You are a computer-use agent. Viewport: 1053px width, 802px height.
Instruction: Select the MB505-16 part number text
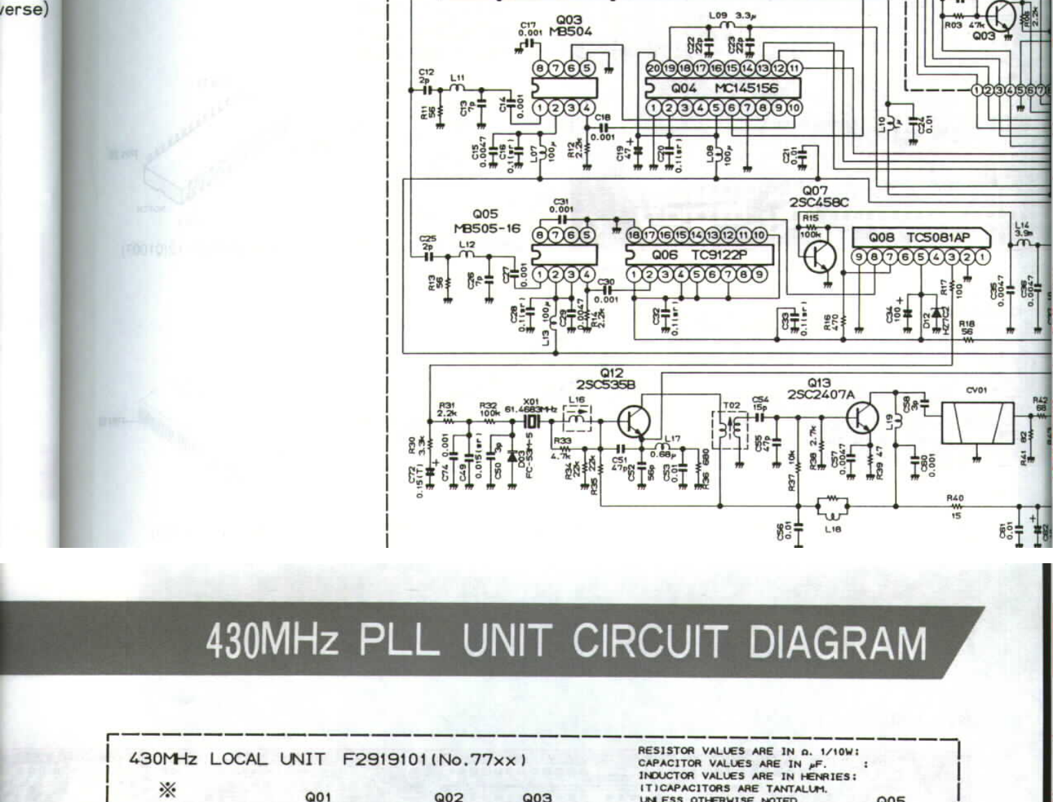(x=487, y=228)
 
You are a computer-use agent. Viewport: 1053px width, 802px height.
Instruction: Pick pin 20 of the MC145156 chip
(x=653, y=68)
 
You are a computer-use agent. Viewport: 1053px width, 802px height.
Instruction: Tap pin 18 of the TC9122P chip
(x=634, y=235)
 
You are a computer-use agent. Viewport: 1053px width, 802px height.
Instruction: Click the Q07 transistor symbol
(x=820, y=258)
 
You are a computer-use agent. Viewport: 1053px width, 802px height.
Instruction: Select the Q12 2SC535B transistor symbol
(x=634, y=422)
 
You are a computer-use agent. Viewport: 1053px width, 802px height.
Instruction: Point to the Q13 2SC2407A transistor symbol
(x=862, y=418)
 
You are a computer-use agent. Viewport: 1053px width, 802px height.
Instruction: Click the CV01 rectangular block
(x=977, y=423)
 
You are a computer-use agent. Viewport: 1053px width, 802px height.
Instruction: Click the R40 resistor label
(x=955, y=498)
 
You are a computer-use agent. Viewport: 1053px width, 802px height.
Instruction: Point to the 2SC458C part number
(x=818, y=203)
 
